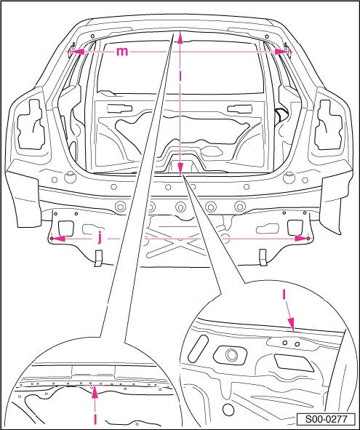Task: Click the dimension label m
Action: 122,52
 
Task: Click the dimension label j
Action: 100,238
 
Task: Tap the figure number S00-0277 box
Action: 327,419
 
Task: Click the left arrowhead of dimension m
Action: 78,52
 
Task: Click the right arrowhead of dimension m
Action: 282,52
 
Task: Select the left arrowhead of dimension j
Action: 58,239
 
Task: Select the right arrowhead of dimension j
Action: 302,239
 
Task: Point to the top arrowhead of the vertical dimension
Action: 180,38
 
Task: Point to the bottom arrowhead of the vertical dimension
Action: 180,169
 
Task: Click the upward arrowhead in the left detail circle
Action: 95,392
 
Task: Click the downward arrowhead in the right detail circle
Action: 291,324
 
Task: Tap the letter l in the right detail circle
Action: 284,295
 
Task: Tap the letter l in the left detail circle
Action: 95,419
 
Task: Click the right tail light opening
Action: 329,125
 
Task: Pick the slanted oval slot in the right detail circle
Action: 199,347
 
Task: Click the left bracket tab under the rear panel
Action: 98,258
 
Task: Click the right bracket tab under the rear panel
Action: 263,258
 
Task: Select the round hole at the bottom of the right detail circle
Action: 228,410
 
